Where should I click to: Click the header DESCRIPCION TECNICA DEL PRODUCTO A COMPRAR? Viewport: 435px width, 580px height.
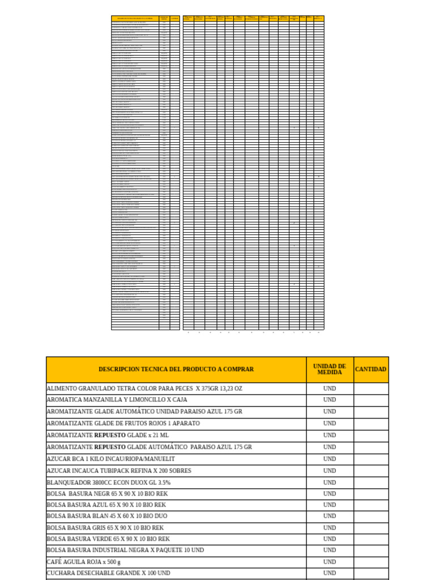(176, 369)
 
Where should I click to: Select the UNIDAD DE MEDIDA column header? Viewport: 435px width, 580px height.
(330, 369)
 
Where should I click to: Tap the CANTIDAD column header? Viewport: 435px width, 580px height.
(371, 369)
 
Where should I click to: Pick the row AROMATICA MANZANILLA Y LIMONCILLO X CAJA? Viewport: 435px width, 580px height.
(117, 400)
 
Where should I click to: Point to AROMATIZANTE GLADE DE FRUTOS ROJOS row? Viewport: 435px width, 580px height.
(123, 424)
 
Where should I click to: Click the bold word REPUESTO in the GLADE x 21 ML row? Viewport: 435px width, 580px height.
(110, 436)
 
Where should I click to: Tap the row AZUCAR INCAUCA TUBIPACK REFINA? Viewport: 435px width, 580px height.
(126, 471)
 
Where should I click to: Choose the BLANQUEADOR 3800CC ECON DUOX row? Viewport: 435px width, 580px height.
(108, 483)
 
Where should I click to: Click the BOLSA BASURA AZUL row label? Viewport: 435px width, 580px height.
(106, 505)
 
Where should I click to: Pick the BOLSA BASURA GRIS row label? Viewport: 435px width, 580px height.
(105, 528)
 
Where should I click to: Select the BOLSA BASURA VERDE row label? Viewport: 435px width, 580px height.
(108, 539)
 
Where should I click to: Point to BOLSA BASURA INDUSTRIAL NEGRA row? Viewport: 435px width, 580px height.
(125, 551)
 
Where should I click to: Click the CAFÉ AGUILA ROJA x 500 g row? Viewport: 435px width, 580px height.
(83, 562)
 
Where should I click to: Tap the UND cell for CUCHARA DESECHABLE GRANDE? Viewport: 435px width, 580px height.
(330, 573)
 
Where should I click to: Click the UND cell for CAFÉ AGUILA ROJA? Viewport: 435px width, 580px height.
(330, 562)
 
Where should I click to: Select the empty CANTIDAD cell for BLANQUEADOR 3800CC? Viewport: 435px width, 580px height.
(371, 483)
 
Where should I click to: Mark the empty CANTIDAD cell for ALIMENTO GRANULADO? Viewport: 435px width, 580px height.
(371, 389)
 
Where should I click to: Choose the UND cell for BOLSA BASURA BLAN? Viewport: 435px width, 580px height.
(330, 516)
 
